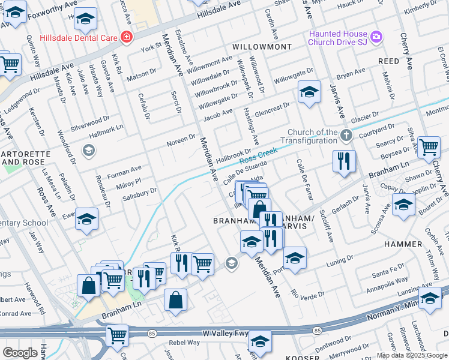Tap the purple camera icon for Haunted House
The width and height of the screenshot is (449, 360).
click(376, 37)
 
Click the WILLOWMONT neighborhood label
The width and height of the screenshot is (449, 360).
click(262, 47)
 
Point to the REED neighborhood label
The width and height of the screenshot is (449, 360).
click(388, 61)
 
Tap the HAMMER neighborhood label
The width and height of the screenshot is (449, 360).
click(405, 244)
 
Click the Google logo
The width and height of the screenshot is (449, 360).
click(20, 352)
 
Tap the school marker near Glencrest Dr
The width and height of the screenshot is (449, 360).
click(309, 92)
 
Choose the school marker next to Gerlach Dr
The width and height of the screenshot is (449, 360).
click(403, 205)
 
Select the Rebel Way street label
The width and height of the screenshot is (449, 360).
click(184, 343)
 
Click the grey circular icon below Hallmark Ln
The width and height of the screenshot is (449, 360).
click(89, 150)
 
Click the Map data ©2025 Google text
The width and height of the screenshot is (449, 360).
click(412, 355)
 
